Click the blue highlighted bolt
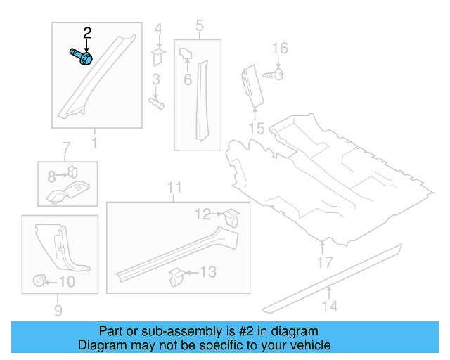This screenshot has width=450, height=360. (x=82, y=57)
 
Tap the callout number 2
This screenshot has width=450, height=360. (x=87, y=32)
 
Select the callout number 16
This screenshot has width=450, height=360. (x=280, y=48)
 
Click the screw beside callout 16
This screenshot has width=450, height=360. (x=274, y=73)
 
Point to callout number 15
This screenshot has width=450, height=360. (x=257, y=128)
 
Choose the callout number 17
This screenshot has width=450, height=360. (x=323, y=263)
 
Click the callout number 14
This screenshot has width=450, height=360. (x=330, y=306)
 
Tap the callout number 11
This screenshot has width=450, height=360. (x=175, y=188)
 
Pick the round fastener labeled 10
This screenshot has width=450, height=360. (x=37, y=282)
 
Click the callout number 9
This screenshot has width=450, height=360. (x=58, y=310)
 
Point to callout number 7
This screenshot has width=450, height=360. (x=66, y=148)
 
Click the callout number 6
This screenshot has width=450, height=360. (x=188, y=79)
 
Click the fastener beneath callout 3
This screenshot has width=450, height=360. (x=157, y=103)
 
